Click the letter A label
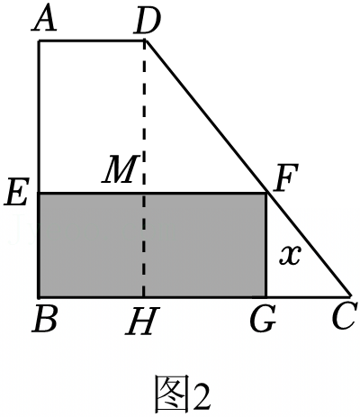[x=44, y=20]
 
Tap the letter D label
[x=148, y=21]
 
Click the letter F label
[x=285, y=177]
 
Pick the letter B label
[x=45, y=319]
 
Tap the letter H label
[x=142, y=321]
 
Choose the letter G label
[x=263, y=319]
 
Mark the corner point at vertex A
[x=39, y=41]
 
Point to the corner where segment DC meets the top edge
[x=145, y=41]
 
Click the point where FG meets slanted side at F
[x=266, y=194]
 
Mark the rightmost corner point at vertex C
[x=350, y=296]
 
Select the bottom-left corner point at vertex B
[x=39, y=297]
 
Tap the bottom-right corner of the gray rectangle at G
[x=266, y=297]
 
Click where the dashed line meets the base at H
[x=144, y=297]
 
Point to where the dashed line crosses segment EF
[x=145, y=194]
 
